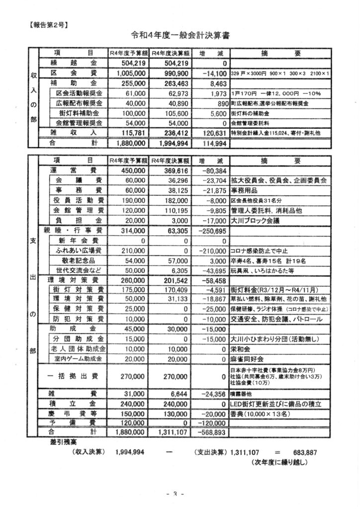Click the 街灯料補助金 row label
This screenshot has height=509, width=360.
[80, 113]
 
